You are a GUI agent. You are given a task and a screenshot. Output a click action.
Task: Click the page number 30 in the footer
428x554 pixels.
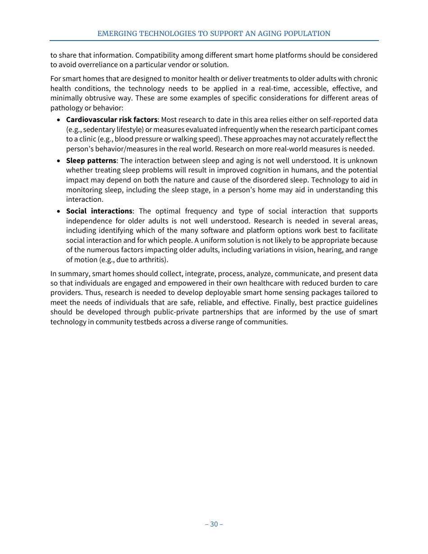pyautogui.click(x=214, y=524)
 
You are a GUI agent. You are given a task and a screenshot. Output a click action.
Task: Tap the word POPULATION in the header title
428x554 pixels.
pyautogui.click(x=308, y=34)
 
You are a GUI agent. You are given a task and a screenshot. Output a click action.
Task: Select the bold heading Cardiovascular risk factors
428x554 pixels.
pyautogui.click(x=111, y=120)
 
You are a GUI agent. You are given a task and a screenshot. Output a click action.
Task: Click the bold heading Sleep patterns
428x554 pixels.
pyautogui.click(x=91, y=161)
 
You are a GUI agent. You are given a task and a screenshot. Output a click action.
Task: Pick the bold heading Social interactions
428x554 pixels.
pyautogui.click(x=99, y=211)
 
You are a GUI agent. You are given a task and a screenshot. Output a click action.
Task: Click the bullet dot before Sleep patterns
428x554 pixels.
pyautogui.click(x=59, y=161)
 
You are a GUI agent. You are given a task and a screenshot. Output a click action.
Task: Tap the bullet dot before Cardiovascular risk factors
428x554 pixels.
pyautogui.click(x=59, y=120)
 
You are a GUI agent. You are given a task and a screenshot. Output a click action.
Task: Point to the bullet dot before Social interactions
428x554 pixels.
pyautogui.click(x=59, y=211)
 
